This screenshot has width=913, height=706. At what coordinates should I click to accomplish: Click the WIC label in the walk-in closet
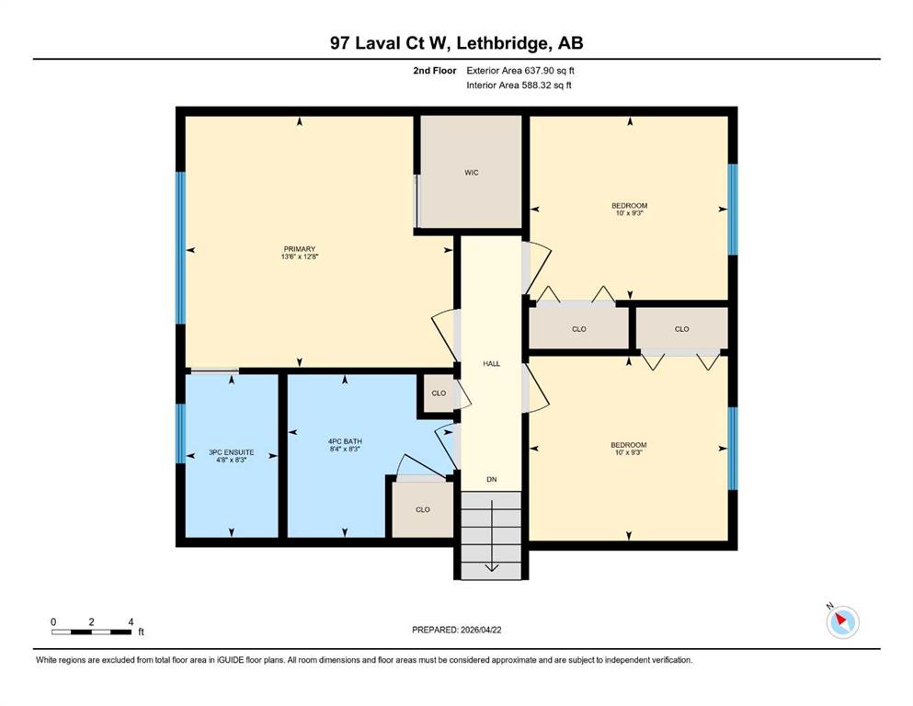(471, 172)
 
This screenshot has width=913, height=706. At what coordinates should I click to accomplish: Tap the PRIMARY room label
(300, 249)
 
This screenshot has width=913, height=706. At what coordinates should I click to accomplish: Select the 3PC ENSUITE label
(231, 452)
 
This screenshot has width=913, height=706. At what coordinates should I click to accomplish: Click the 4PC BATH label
(345, 442)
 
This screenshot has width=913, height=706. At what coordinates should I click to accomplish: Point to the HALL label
(491, 364)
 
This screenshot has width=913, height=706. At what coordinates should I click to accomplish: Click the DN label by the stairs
(491, 480)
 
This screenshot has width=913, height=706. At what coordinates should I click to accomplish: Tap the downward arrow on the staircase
(491, 536)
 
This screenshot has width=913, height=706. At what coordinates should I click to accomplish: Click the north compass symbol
(842, 621)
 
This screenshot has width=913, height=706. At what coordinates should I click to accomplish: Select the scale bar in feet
(92, 632)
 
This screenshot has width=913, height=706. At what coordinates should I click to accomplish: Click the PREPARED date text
(456, 630)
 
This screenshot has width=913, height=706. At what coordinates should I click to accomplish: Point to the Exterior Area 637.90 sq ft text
(520, 71)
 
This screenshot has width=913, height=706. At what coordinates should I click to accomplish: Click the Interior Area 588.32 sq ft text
(519, 85)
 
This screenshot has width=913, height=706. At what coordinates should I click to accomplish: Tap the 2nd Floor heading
(434, 71)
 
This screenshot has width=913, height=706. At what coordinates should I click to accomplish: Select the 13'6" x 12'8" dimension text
(300, 256)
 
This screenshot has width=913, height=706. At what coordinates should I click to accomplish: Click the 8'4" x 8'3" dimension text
(345, 449)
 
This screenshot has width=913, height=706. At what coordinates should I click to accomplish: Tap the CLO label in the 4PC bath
(423, 509)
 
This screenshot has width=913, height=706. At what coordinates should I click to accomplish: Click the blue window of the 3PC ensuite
(180, 434)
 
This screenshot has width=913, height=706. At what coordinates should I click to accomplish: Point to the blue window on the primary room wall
(180, 248)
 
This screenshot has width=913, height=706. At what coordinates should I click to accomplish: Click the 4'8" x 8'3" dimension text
(231, 460)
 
